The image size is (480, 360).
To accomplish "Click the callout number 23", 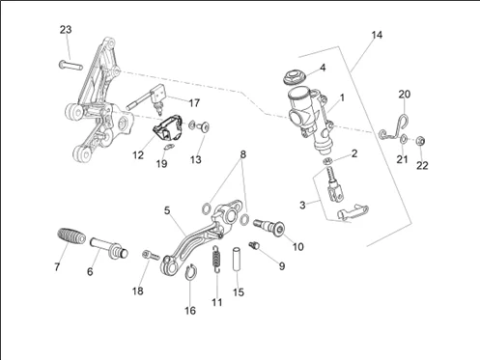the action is tap(66, 30).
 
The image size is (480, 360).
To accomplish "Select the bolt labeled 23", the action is tap(71, 65).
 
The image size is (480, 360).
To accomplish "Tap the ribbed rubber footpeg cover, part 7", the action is tap(71, 236).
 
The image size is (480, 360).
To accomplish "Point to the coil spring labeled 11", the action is tap(217, 259).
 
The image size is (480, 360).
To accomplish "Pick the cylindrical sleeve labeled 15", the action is tap(237, 259).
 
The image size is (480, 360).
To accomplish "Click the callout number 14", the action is tap(377, 35).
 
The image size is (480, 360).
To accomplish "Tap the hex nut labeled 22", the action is tap(420, 141).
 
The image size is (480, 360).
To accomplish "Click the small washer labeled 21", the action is tap(404, 139).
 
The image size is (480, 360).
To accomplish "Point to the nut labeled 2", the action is tap(328, 161).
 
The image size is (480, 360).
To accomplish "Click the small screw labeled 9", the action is tap(254, 245).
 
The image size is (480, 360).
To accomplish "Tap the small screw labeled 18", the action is tap(151, 255).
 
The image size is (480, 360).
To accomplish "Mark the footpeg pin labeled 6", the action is tap(109, 247).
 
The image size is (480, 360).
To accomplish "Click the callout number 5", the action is tap(167, 210).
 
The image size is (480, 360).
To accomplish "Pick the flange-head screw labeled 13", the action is tap(204, 127).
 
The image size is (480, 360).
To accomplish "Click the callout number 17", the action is tap(194, 103).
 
